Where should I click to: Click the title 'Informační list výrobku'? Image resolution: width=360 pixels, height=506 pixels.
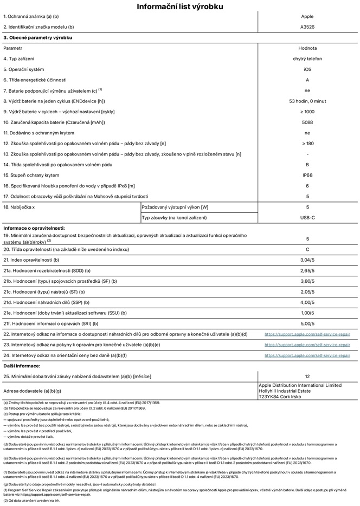[x=179, y=7]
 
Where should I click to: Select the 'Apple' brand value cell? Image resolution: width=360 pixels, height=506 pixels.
[x=307, y=17]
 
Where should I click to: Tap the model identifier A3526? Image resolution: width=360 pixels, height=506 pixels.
[x=307, y=27]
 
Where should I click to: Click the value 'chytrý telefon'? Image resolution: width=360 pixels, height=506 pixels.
[x=307, y=59]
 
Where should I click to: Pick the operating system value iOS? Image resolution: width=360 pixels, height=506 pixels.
[x=307, y=69]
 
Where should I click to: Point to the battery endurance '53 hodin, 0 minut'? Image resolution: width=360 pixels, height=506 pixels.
[x=307, y=101]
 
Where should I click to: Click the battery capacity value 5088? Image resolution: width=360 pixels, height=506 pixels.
[x=307, y=122]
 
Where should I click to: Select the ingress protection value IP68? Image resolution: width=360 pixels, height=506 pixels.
[x=307, y=175]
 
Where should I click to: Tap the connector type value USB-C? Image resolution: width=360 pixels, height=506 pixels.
[x=307, y=217]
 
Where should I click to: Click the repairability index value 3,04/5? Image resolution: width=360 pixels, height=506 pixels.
[x=307, y=260]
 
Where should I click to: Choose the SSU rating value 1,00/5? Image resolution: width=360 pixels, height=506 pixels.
[x=307, y=313]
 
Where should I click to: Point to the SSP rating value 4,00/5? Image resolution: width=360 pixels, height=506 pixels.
[x=307, y=302]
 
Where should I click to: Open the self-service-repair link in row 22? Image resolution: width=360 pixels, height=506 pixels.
[x=307, y=334]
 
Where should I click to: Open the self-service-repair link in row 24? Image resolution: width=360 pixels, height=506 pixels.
[x=307, y=355]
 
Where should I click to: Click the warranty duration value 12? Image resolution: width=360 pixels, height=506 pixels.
[x=307, y=375]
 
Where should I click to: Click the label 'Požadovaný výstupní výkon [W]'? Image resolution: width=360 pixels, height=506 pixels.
[x=175, y=207]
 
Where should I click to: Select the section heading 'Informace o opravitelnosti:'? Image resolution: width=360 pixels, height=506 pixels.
[x=35, y=228]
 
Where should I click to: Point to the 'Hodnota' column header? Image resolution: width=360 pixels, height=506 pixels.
[x=307, y=48]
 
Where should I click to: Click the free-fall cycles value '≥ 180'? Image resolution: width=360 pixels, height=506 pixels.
[x=307, y=143]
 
